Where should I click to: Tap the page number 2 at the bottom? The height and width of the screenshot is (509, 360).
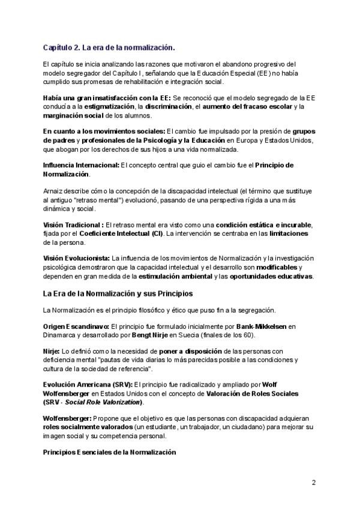(x=314, y=482)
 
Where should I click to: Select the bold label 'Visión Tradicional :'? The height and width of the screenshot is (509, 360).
(x=73, y=224)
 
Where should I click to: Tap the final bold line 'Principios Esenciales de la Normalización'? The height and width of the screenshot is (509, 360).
(x=109, y=451)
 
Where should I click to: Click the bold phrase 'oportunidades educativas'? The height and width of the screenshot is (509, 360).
(x=280, y=276)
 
